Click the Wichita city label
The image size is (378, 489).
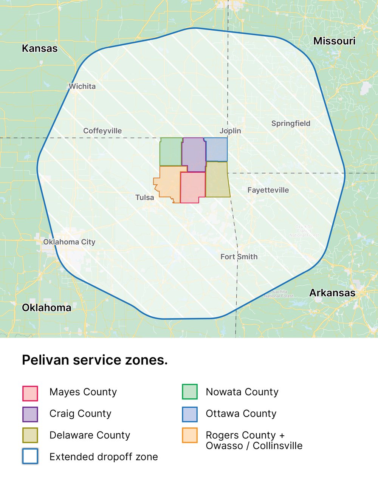[x=82, y=86]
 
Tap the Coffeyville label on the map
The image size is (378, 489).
[x=102, y=131]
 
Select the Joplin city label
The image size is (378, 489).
[x=230, y=131]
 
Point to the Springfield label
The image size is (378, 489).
[x=291, y=123]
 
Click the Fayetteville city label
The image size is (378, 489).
[x=268, y=190]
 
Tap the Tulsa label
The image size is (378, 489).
[x=145, y=197]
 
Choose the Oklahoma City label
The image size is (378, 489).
[x=69, y=242]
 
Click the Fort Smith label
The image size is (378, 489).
[x=239, y=257]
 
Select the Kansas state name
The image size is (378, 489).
[x=40, y=48]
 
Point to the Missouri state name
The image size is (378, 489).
[x=335, y=41]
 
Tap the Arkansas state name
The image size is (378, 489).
[x=332, y=293]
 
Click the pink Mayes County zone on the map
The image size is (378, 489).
[x=192, y=187]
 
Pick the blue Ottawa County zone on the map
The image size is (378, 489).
[x=217, y=150]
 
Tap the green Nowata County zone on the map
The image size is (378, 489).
[x=170, y=152]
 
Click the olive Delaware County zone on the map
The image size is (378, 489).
[x=217, y=180]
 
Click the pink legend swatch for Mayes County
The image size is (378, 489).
[x=30, y=393]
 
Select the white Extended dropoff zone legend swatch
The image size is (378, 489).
[x=30, y=456]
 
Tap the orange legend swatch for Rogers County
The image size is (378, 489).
[x=190, y=435]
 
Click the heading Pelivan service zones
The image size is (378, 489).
[x=95, y=360]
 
